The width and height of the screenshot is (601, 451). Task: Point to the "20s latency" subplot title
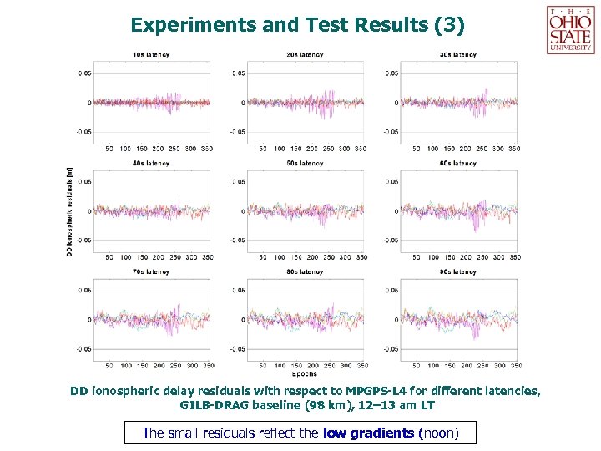[305, 55]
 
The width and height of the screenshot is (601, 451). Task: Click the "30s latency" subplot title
[458, 55]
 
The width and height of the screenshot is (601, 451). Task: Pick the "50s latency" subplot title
[305, 164]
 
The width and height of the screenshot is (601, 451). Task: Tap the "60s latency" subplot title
[458, 164]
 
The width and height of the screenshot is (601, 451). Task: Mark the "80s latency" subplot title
[305, 271]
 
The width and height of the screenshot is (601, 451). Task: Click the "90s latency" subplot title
[458, 271]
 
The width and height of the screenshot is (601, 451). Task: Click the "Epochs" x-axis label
[305, 375]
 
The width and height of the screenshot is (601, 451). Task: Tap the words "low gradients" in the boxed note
[367, 433]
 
